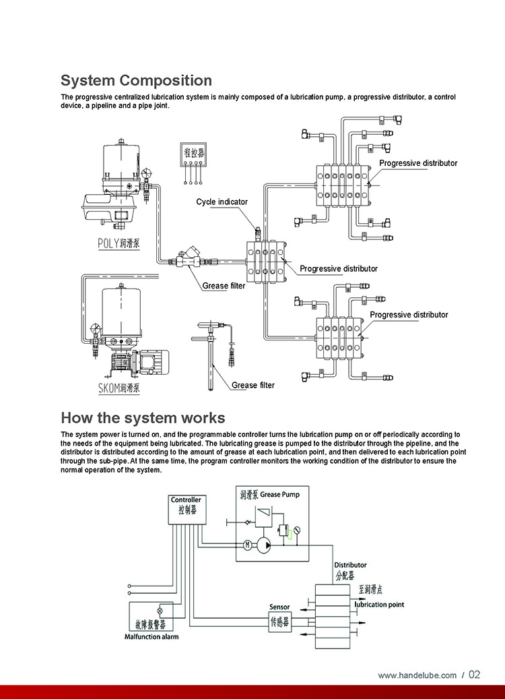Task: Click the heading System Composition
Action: click(136, 81)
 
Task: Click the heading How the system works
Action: click(143, 417)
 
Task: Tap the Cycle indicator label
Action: click(222, 202)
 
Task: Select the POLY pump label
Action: click(119, 243)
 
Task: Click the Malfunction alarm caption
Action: click(151, 636)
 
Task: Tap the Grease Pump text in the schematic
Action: click(280, 494)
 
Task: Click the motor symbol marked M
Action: click(246, 544)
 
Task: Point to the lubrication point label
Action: click(379, 605)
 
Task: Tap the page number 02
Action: click(474, 675)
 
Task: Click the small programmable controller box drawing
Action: click(192, 156)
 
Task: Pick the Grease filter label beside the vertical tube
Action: click(253, 385)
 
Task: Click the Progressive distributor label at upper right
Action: click(417, 163)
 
